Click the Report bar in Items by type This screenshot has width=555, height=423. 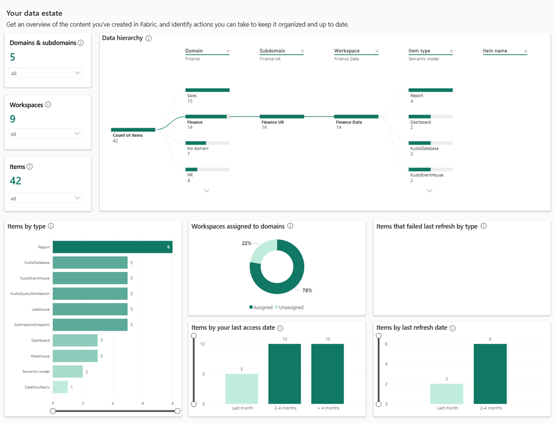point(112,247)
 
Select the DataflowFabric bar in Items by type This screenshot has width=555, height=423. point(60,387)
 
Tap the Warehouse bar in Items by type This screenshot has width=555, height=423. point(75,356)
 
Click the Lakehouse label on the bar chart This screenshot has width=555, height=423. point(40,309)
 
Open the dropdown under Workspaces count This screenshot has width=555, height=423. point(45,134)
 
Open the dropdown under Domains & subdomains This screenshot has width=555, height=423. point(45,73)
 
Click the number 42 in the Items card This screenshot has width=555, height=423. point(16,181)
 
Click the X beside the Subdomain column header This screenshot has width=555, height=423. point(302,51)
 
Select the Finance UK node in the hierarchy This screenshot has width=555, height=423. point(281,117)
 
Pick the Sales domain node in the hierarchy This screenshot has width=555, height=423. point(207,90)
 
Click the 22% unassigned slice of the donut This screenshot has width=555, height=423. point(264,249)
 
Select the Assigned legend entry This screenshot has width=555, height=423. point(261,307)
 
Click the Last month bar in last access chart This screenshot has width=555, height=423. point(242,389)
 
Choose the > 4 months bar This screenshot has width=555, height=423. point(327,373)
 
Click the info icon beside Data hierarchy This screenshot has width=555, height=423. point(149,38)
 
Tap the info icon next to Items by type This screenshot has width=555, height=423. point(51,226)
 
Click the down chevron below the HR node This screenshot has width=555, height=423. point(206,191)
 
